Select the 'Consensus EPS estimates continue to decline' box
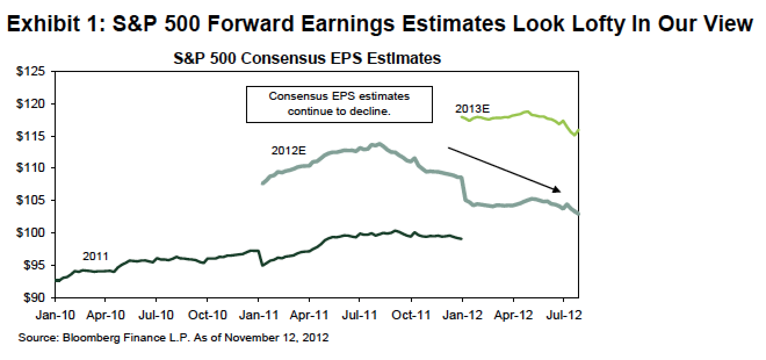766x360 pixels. tap(339, 105)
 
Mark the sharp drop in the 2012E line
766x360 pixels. tap(463, 189)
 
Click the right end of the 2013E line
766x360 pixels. tap(579, 130)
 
